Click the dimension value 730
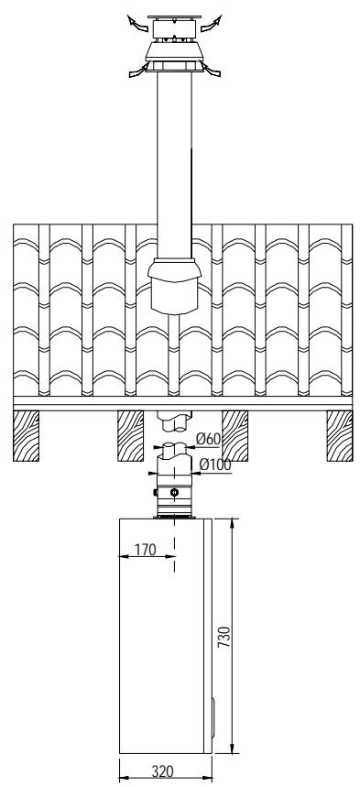(x=224, y=637)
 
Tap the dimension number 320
(x=163, y=771)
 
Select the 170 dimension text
(x=146, y=550)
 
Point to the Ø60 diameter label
(x=209, y=439)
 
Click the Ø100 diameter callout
(x=215, y=465)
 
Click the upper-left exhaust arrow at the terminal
(x=137, y=23)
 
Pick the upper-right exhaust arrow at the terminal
(x=212, y=23)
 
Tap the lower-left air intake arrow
(x=137, y=71)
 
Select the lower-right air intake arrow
(x=212, y=71)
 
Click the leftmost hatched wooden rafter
(x=27, y=436)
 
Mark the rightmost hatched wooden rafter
(x=340, y=436)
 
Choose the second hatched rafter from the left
(x=131, y=436)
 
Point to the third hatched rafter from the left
(x=235, y=436)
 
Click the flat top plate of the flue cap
(x=174, y=17)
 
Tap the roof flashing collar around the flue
(x=174, y=286)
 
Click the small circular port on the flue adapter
(x=174, y=492)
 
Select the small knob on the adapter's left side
(x=156, y=492)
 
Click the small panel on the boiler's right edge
(x=213, y=717)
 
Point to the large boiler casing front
(x=162, y=636)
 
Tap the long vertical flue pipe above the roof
(x=174, y=166)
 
